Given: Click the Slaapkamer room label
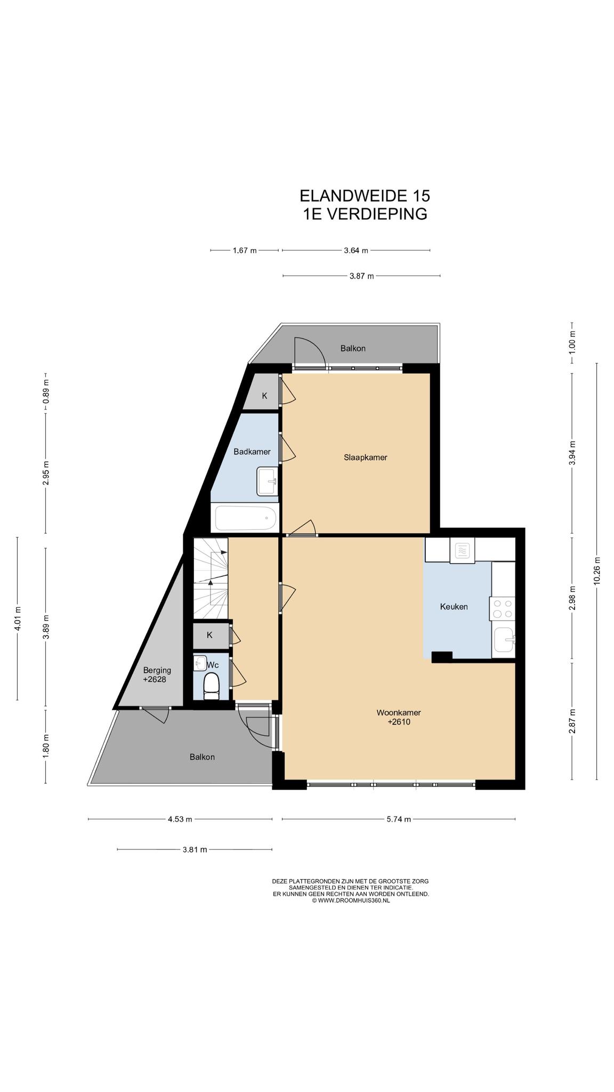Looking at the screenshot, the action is click(x=365, y=457).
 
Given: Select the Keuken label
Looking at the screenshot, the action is click(x=454, y=606).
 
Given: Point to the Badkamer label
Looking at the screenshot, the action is click(x=252, y=452).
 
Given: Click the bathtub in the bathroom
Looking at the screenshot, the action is click(x=245, y=518).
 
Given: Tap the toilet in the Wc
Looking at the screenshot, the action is click(x=212, y=686).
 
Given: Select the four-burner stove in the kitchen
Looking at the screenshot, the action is click(x=503, y=608).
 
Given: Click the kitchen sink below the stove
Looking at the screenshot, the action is click(x=504, y=640).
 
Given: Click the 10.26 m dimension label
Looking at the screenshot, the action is click(x=596, y=571).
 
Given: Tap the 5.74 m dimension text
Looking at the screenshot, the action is click(x=399, y=819).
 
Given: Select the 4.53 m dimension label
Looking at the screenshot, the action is click(x=180, y=819).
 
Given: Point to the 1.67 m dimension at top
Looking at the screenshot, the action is click(x=245, y=250).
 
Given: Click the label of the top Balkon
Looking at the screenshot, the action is click(x=353, y=348).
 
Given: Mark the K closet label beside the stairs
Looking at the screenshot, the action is click(x=209, y=635).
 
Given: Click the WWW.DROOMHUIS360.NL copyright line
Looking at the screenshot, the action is click(x=351, y=901).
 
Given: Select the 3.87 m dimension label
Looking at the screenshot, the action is click(x=361, y=276).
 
